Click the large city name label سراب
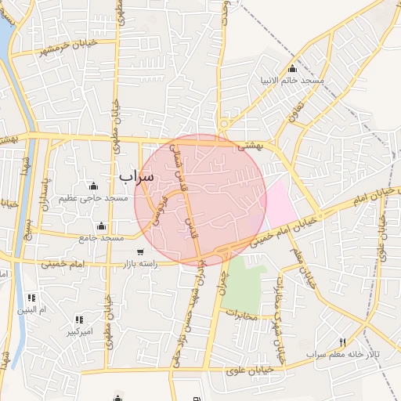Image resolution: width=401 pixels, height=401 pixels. [x=137, y=176]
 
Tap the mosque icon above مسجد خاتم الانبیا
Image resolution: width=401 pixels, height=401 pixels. [x=293, y=69]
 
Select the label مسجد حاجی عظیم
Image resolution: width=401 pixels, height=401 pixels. [x=98, y=199]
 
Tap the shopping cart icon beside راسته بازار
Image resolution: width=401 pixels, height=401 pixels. [x=139, y=252]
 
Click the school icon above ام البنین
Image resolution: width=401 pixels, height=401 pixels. [x=31, y=298]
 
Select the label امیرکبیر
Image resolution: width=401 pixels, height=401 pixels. [x=79, y=331]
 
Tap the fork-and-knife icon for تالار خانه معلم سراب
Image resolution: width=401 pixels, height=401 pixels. [x=342, y=342]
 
